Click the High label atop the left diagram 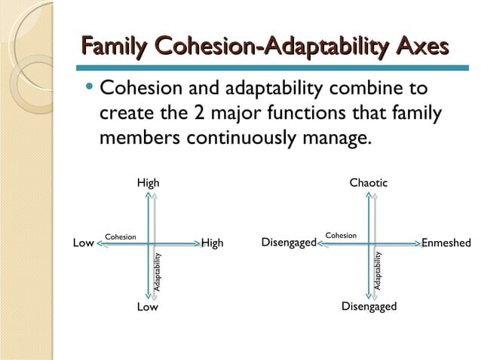click(148, 183)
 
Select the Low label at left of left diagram click(83, 243)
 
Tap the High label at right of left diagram click(213, 243)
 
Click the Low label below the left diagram click(148, 307)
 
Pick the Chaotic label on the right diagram click(368, 183)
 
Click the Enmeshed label click(446, 243)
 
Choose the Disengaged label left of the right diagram click(288, 243)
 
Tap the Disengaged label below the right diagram click(369, 307)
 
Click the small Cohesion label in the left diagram click(121, 237)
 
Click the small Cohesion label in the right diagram click(341, 235)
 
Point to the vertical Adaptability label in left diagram click(158, 272)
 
